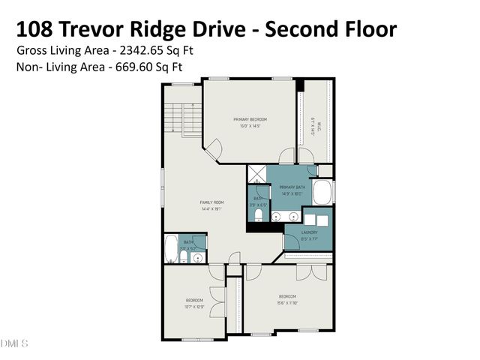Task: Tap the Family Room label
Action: tap(212, 205)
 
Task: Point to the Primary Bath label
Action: tap(291, 190)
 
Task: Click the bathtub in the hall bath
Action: tap(170, 249)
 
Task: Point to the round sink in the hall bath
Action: tap(198, 257)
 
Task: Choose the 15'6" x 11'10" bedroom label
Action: tap(288, 299)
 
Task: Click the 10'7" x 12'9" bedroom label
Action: tap(195, 304)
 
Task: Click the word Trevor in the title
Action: tap(111, 29)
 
